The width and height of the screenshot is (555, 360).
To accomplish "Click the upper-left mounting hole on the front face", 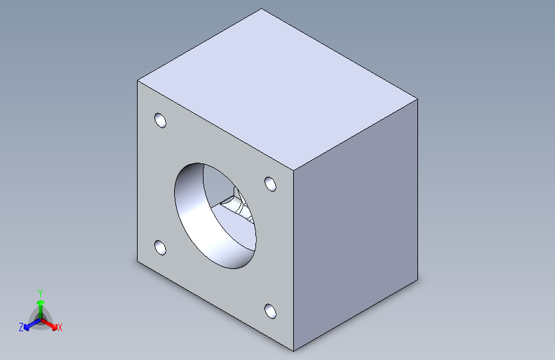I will coord(160,120).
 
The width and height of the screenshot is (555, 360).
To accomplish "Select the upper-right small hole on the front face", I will coord(271,184).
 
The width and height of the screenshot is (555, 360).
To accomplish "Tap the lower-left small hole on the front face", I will coord(160,247).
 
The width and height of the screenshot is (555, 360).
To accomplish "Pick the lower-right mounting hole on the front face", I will coord(271,312).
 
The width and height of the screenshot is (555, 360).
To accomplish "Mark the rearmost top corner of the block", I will coord(262,9).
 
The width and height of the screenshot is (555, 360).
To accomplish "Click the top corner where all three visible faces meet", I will coord(294,172).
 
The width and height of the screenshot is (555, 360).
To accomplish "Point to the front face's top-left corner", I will coord(138,81).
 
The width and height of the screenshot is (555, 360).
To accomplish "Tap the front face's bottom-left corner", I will coord(138,262).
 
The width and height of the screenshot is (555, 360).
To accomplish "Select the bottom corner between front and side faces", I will coord(294,351).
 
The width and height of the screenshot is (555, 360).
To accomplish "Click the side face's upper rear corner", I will coord(419,99).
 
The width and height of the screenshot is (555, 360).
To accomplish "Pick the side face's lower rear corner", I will coord(419,279).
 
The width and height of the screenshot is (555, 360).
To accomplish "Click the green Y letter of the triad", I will coord(40,291).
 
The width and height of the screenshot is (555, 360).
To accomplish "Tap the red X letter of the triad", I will coord(60,328).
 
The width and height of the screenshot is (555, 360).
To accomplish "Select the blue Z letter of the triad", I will coord(21,327).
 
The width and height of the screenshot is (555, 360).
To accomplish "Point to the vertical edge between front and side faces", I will coord(294,263).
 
